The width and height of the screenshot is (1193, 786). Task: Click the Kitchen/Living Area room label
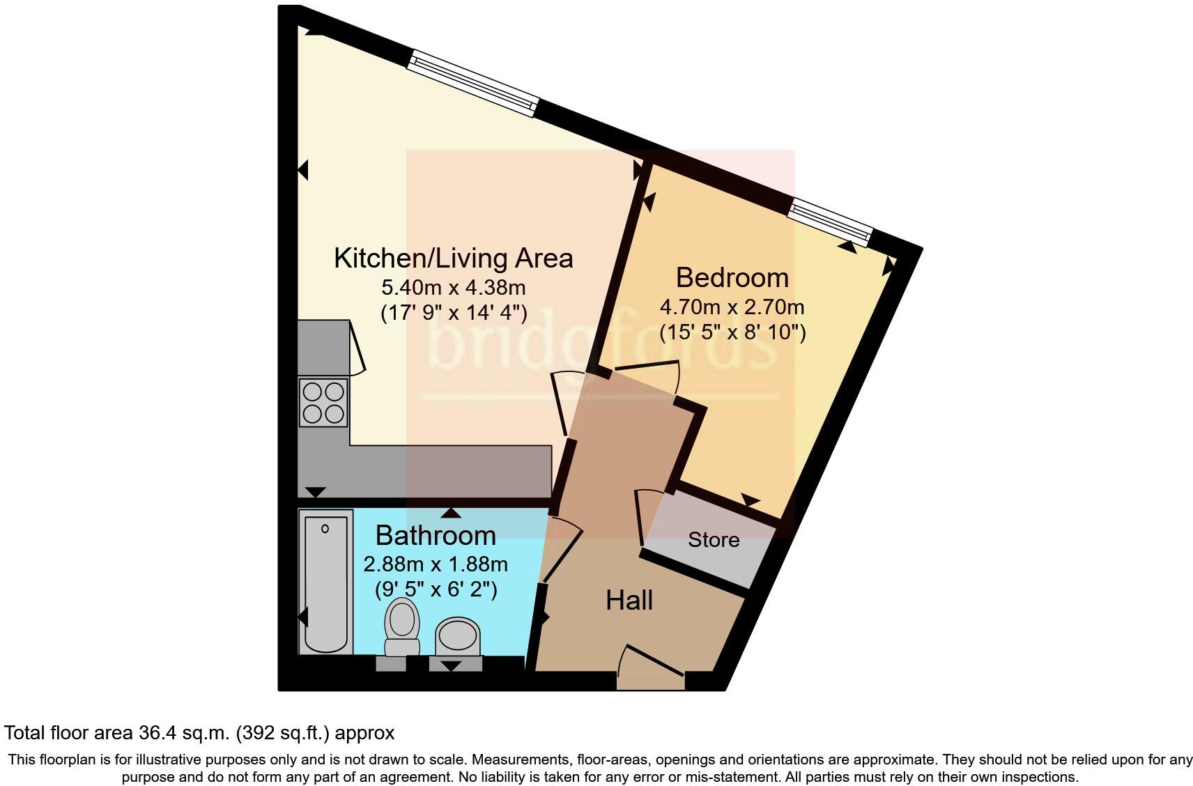pyautogui.click(x=453, y=259)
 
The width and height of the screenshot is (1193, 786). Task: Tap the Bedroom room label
pyautogui.click(x=732, y=277)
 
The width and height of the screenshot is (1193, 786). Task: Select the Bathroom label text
pyautogui.click(x=436, y=536)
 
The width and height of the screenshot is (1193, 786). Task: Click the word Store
pyautogui.click(x=714, y=540)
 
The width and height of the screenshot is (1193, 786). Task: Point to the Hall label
pyautogui.click(x=629, y=600)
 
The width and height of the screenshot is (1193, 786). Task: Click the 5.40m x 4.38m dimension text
pyautogui.click(x=453, y=287)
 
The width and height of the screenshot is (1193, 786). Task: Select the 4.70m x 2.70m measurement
pyautogui.click(x=732, y=307)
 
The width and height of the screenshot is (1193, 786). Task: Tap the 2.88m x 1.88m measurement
pyautogui.click(x=436, y=564)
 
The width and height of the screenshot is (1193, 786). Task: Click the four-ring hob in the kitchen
pyautogui.click(x=323, y=402)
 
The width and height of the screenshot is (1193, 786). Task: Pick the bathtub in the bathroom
pyautogui.click(x=325, y=582)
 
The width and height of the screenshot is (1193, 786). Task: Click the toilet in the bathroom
pyautogui.click(x=402, y=625)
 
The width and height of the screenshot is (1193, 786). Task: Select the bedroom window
pyautogui.click(x=830, y=222)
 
